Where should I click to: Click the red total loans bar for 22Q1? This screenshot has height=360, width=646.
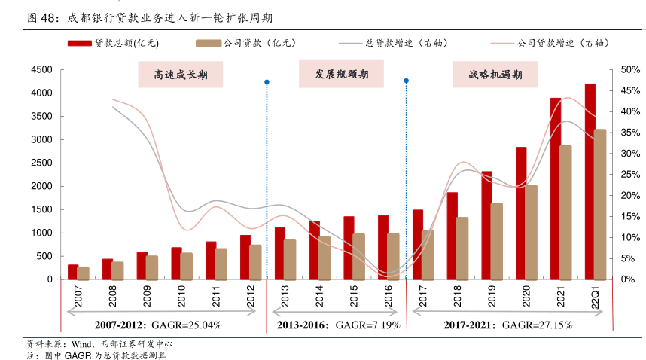click(x=590, y=182)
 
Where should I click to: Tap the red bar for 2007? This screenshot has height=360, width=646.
click(x=73, y=272)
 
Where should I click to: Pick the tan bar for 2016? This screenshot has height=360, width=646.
click(x=393, y=256)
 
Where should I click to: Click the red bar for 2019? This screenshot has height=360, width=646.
click(x=487, y=225)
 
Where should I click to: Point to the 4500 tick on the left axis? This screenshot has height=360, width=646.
click(x=41, y=69)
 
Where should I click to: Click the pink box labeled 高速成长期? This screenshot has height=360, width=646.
click(x=181, y=75)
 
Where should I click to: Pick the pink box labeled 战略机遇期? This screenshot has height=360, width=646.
click(x=495, y=75)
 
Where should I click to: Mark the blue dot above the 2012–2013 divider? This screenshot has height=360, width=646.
click(x=267, y=82)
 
